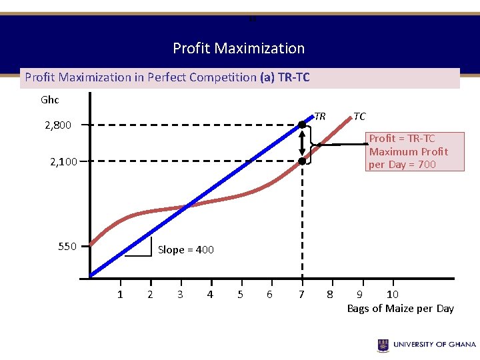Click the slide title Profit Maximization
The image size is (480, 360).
pyautogui.click(x=239, y=48)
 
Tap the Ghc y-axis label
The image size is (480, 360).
pyautogui.click(x=50, y=100)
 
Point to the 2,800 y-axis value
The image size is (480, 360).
pyautogui.click(x=58, y=125)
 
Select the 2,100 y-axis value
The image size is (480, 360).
pyautogui.click(x=63, y=161)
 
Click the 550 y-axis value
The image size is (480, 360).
pyautogui.click(x=67, y=246)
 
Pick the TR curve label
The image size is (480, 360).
pyautogui.click(x=320, y=117)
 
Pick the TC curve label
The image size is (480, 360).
pyautogui.click(x=359, y=117)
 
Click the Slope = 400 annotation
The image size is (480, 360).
pyautogui.click(x=185, y=250)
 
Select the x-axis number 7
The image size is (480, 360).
pyautogui.click(x=301, y=295)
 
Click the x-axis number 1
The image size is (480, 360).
pyautogui.click(x=120, y=295)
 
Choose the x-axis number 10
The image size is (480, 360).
pyautogui.click(x=393, y=295)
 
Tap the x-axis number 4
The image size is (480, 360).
pyautogui.click(x=210, y=295)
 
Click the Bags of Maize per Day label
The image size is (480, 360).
pyautogui.click(x=400, y=308)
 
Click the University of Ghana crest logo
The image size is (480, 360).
pyautogui.click(x=383, y=345)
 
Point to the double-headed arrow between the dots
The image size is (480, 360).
pyautogui.click(x=302, y=143)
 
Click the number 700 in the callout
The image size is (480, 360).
pyautogui.click(x=426, y=165)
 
